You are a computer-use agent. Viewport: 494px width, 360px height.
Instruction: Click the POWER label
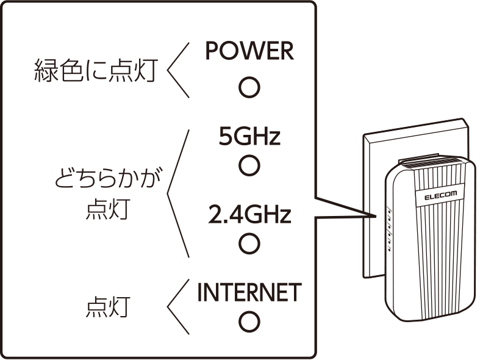point(249,52)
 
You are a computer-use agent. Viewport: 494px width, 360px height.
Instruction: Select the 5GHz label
point(249,137)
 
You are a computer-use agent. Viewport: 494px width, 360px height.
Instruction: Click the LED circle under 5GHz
point(249,165)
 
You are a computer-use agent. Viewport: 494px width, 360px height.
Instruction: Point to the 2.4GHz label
point(249,214)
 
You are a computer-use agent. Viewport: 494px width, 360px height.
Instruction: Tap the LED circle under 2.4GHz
point(249,243)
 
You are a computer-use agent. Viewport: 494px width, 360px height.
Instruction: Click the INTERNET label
point(249,292)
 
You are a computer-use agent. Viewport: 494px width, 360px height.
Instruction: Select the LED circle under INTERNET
point(249,321)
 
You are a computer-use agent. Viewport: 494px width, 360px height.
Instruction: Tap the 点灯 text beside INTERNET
point(106,308)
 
